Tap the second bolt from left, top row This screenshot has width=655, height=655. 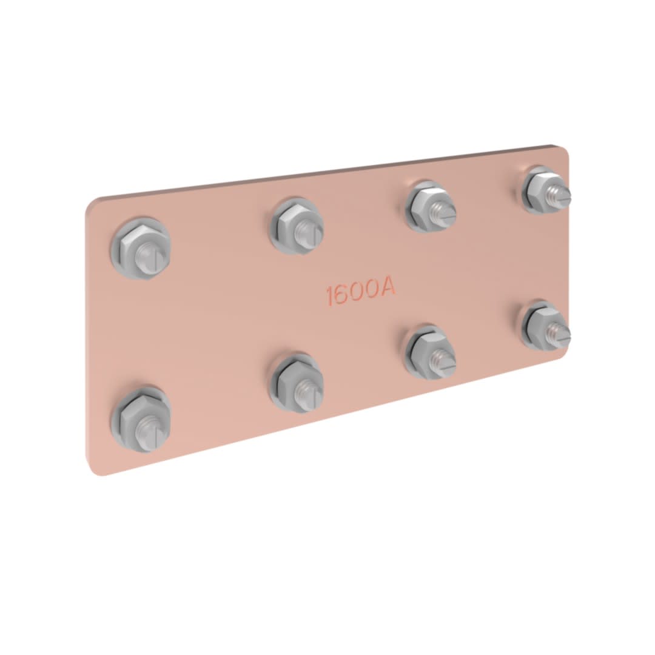click(297, 227)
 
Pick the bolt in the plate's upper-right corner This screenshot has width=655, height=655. click(547, 190)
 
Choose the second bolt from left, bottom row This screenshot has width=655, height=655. click(297, 384)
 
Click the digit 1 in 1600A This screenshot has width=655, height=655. click(330, 296)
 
